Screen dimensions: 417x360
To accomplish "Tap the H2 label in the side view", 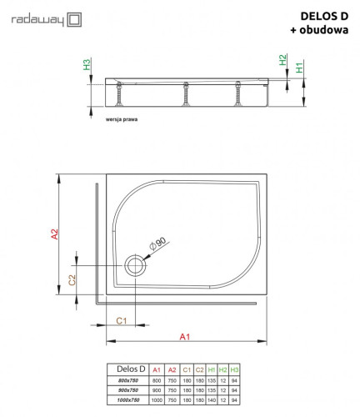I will coord(282,61).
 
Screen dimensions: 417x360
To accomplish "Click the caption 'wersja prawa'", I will coord(122,120).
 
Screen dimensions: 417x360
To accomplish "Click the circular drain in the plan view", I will coord(134,267).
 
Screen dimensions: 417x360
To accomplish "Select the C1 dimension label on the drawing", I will coord(121,320).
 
